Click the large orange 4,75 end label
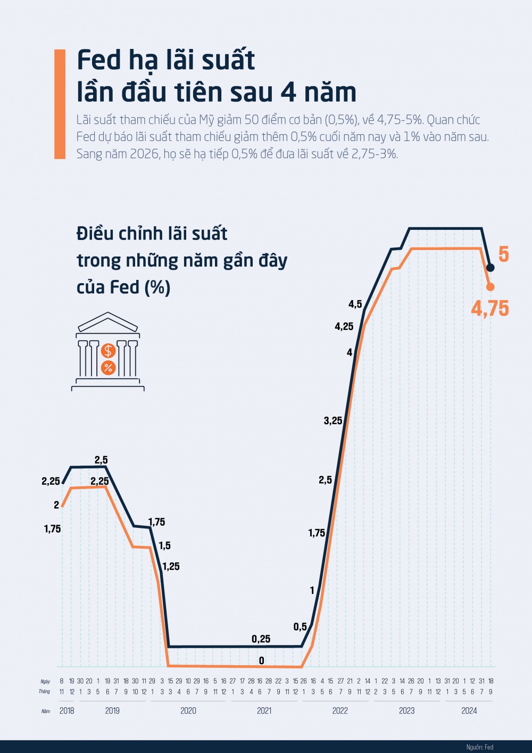489,309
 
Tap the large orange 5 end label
503,254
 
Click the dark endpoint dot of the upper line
491,268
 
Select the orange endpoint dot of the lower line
491,287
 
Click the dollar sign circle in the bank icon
109,351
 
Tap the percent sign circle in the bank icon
109,367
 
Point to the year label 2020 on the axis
188,710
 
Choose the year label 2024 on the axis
469,710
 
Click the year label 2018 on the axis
67,710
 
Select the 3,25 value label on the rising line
333,421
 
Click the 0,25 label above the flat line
261,639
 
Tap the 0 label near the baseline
261,661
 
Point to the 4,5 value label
355,304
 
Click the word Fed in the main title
99,60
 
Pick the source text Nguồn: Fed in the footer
479,747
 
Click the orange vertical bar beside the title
60,104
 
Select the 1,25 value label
171,567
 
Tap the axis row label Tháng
44,692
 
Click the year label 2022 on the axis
340,710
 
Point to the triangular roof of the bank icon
108,322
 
